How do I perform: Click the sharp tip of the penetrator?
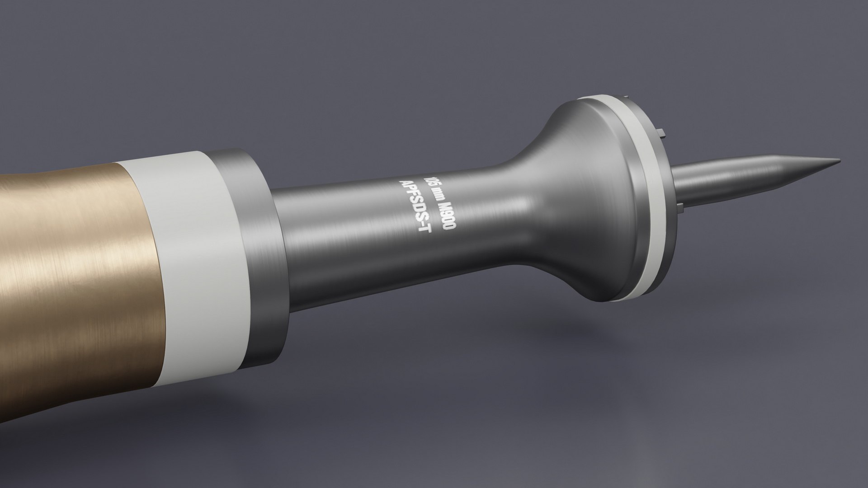coord(839,160)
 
